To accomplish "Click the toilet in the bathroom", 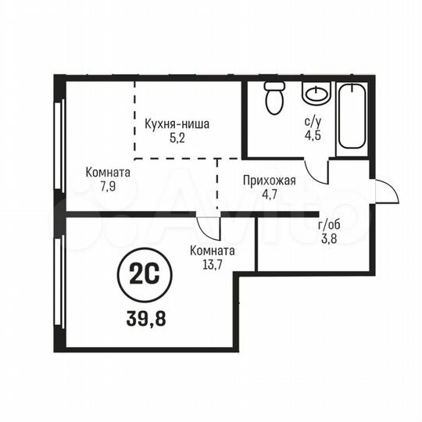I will [x=274, y=98].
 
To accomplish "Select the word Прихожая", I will [x=269, y=181].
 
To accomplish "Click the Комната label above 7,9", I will [x=109, y=172].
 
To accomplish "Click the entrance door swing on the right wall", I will [x=386, y=192].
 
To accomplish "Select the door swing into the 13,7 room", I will [x=209, y=227].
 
